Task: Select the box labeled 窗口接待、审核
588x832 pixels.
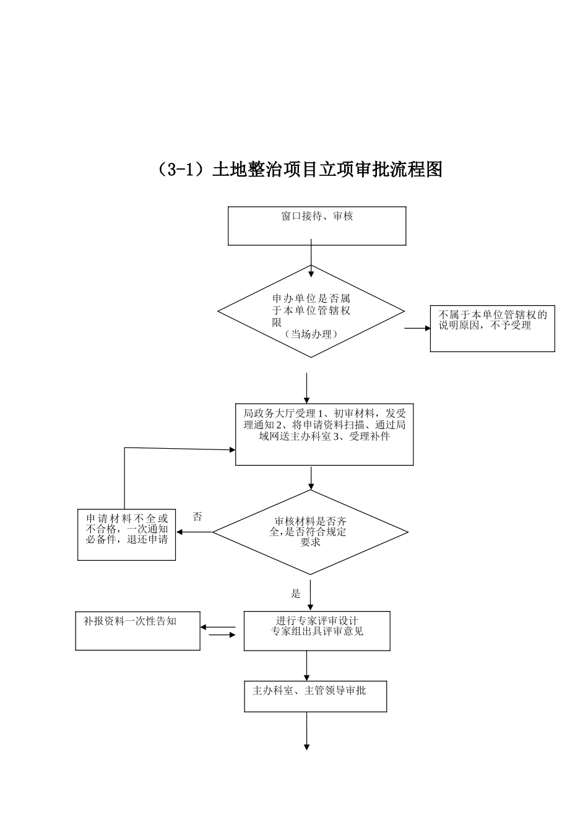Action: click(x=317, y=226)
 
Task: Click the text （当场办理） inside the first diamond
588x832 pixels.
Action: click(x=311, y=334)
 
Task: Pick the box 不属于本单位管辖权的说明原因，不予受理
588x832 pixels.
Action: click(x=492, y=329)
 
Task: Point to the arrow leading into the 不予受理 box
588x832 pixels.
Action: click(x=418, y=328)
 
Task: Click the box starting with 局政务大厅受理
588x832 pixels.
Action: click(x=324, y=435)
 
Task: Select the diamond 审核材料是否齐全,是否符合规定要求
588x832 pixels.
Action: click(x=310, y=532)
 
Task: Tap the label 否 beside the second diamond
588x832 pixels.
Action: click(x=197, y=517)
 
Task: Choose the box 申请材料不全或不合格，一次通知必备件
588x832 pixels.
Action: click(x=126, y=535)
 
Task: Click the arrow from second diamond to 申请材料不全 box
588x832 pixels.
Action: click(x=194, y=532)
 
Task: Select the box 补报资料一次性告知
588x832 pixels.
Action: click(x=137, y=631)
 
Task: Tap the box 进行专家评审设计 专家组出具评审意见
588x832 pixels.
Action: click(x=317, y=631)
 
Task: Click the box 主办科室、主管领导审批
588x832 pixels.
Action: click(x=316, y=696)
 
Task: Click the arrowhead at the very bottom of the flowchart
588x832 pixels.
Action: click(x=306, y=747)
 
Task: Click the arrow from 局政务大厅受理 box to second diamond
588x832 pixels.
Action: click(x=311, y=478)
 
